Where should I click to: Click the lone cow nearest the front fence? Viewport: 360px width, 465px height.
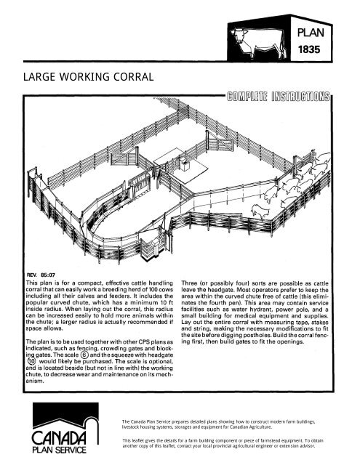[x=259, y=211]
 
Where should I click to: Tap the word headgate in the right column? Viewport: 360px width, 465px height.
[x=236, y=293]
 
